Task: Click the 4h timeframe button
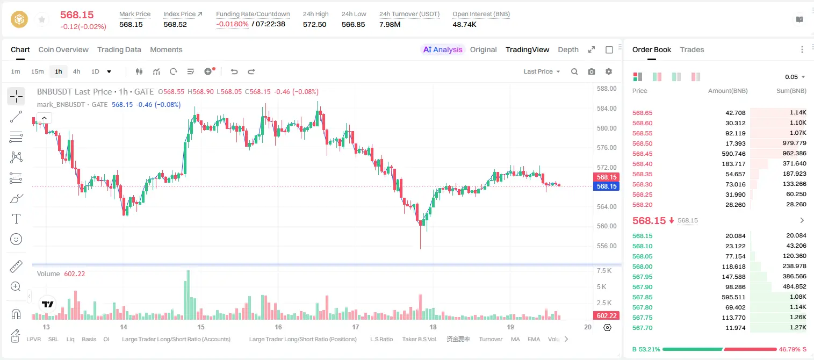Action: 76,71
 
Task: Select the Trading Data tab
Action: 119,49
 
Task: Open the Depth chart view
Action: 568,49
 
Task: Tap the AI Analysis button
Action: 443,49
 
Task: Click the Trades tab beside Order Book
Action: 692,49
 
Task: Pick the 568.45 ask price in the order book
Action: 642,154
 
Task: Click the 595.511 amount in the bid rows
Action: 733,297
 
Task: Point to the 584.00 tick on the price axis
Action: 607,108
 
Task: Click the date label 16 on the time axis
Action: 278,327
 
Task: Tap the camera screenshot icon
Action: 592,71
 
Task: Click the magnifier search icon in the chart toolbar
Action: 574,71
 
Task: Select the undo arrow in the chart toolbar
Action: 234,71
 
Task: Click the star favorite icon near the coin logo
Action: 42,19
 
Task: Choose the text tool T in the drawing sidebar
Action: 16,219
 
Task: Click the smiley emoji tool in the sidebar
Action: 16,239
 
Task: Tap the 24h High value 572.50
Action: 315,24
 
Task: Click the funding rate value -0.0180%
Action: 232,24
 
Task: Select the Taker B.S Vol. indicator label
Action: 419,339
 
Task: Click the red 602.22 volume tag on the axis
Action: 607,316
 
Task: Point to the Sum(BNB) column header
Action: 791,90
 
